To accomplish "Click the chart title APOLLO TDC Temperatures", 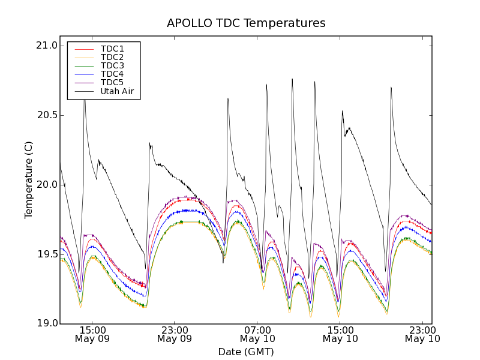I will coord(246,23).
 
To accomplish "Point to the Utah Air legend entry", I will coord(117,91).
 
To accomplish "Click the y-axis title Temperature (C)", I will coord(29,180).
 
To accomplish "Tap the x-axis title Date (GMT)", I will coord(246,352).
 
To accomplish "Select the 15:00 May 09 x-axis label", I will coord(92,334).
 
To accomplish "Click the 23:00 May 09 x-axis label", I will coord(175,334).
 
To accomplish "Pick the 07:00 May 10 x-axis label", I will coord(257,334).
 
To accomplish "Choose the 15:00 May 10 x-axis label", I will coord(340,334).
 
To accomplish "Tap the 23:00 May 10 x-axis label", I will coord(422,334).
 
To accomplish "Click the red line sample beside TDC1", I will coord(84,49).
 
